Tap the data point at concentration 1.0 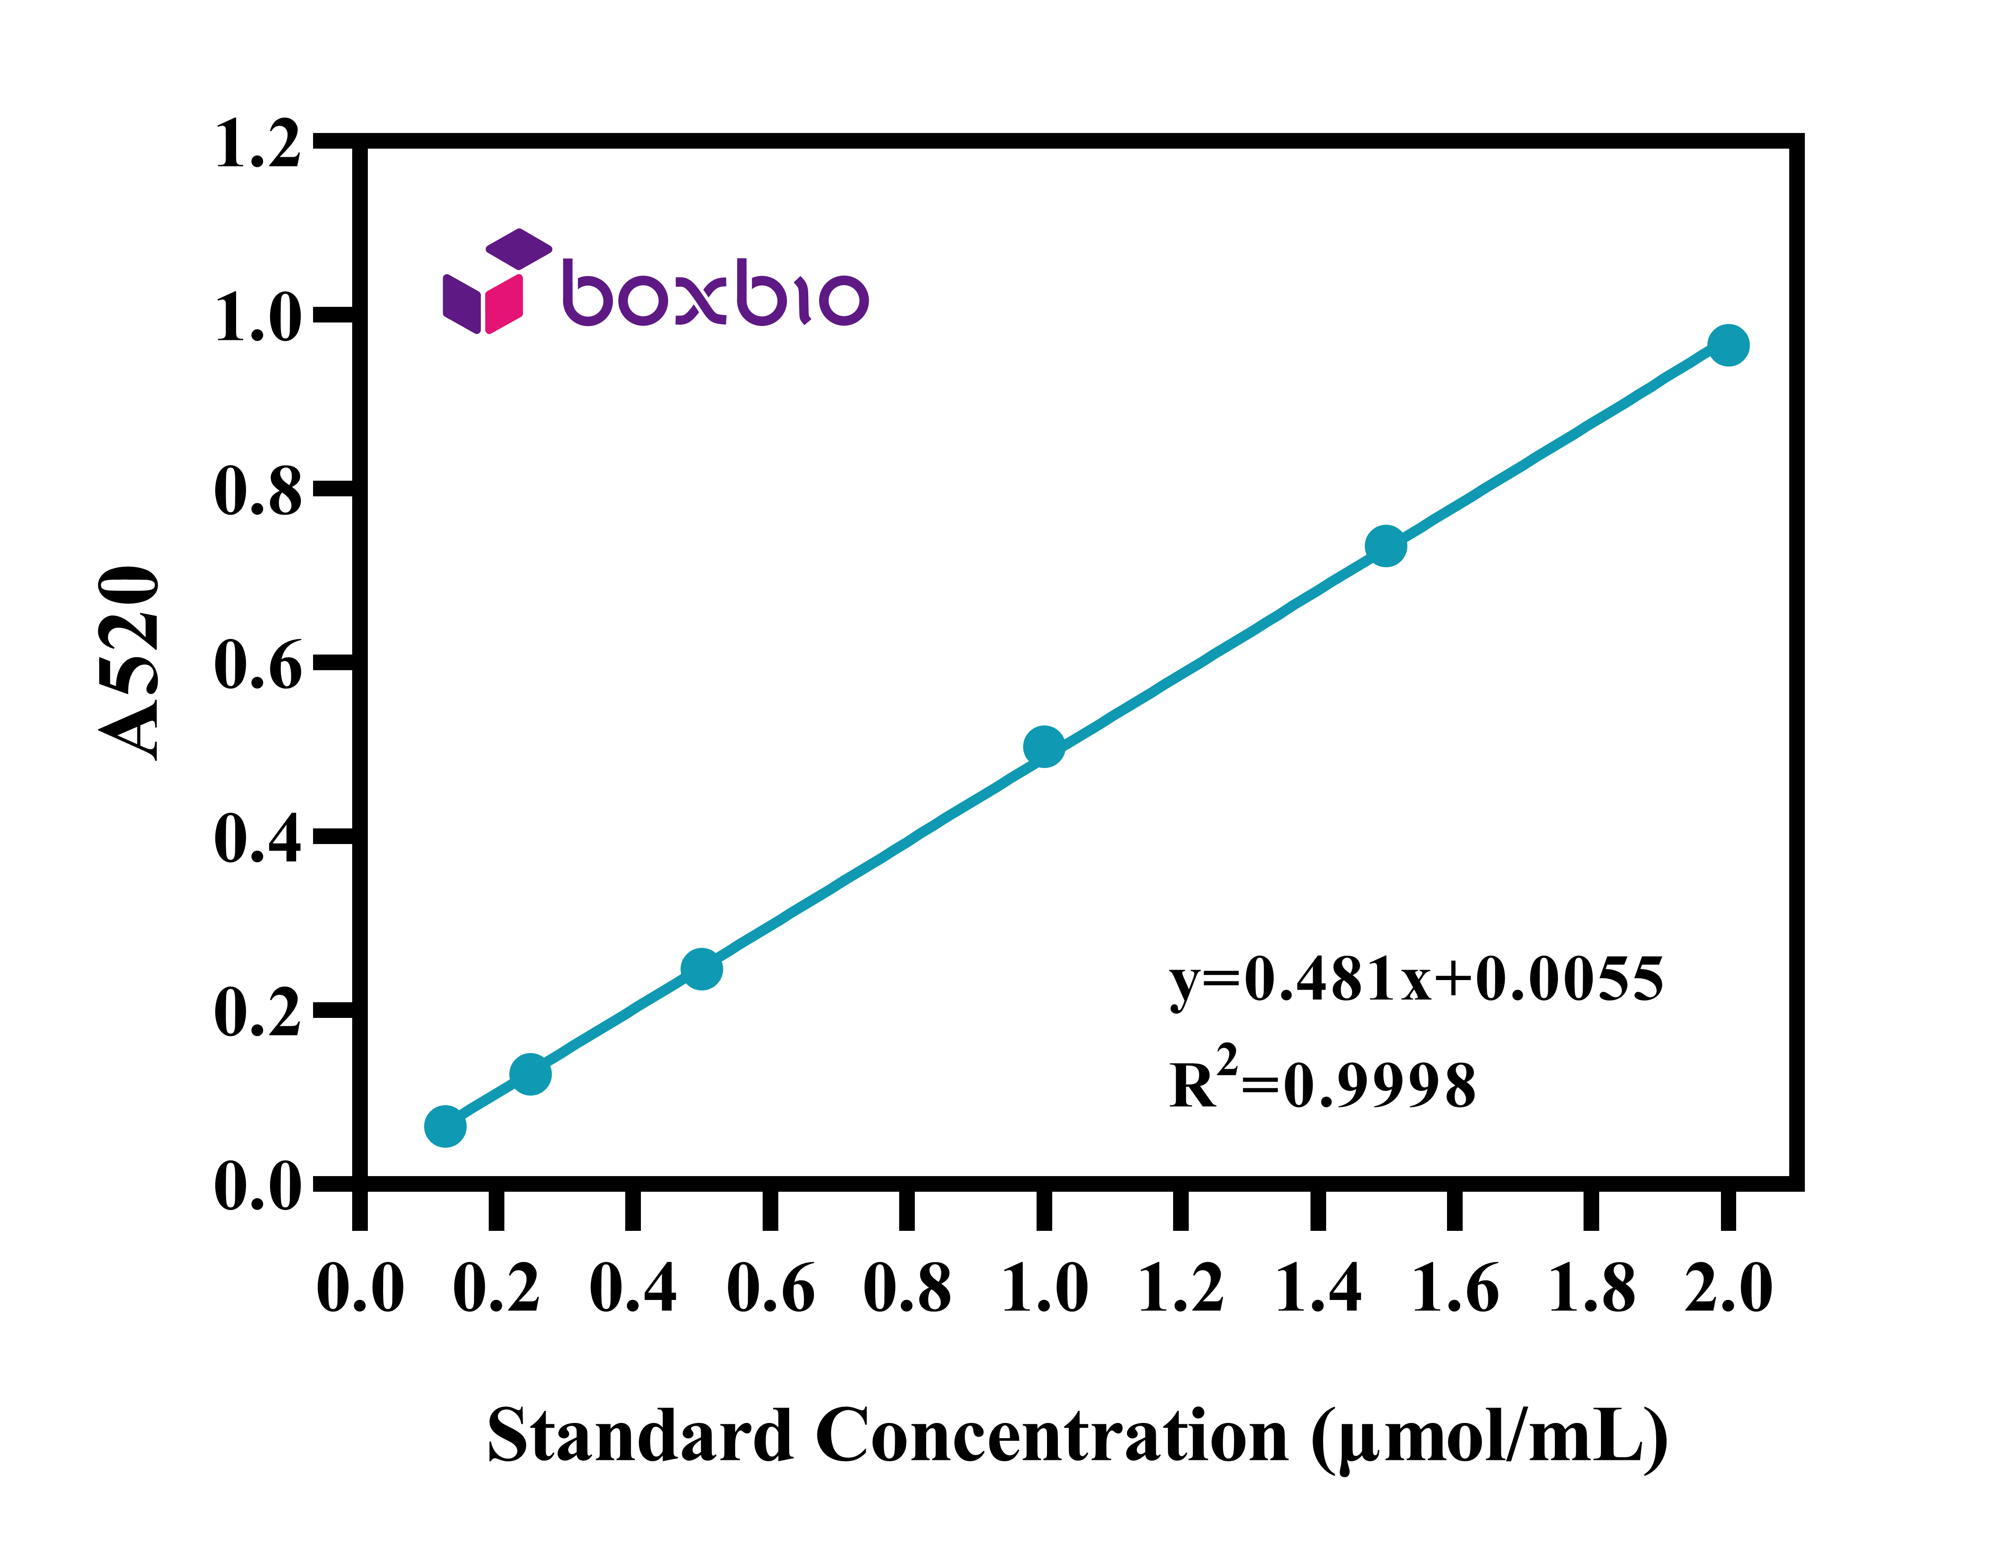[1044, 747]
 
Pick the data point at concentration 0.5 [702, 969]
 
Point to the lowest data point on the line [445, 1127]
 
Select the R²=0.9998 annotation [1322, 1079]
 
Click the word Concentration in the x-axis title [1052, 1436]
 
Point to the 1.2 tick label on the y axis [257, 145]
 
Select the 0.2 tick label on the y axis [257, 1012]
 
